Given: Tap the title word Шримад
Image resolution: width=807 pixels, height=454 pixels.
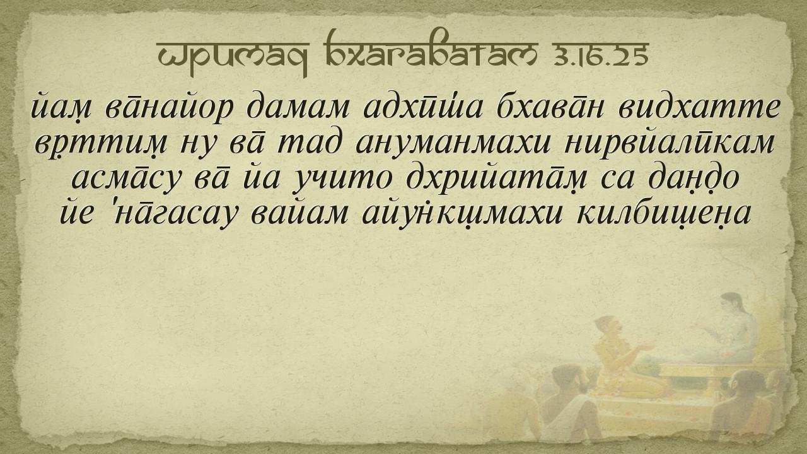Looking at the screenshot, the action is (x=233, y=57).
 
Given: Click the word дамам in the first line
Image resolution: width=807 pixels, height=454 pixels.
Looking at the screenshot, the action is (x=298, y=107).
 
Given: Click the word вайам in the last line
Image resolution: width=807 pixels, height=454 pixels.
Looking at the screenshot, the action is (x=299, y=213).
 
